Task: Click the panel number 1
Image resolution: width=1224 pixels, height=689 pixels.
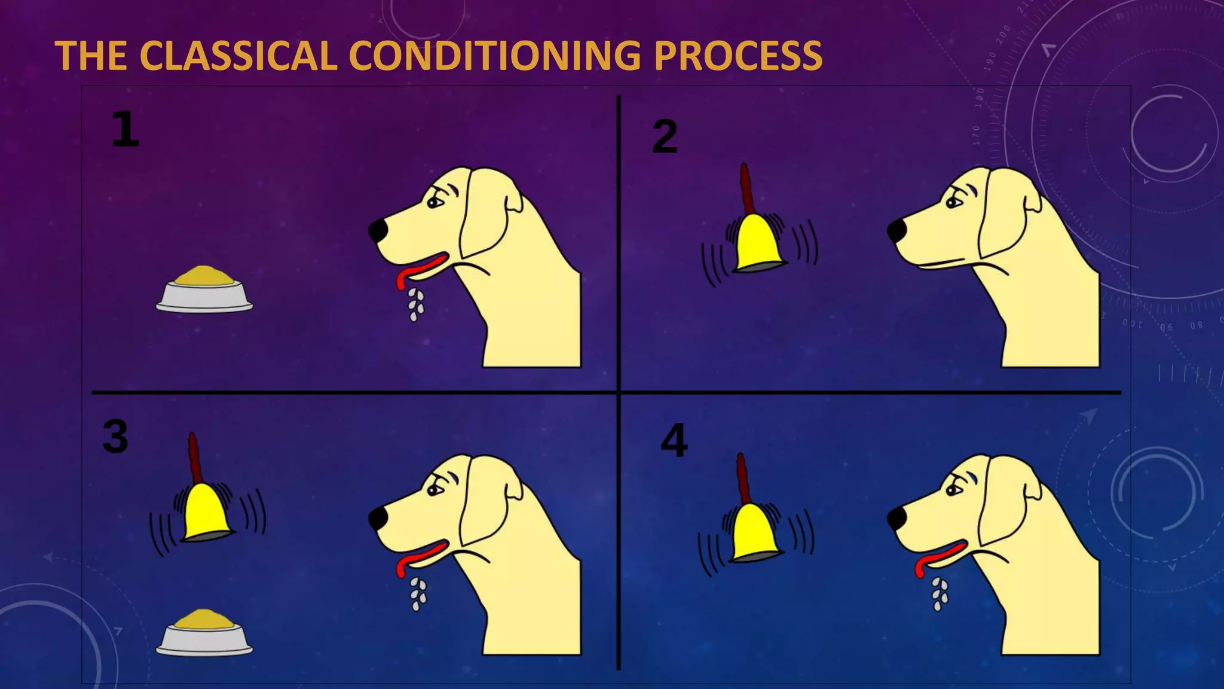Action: coord(126,130)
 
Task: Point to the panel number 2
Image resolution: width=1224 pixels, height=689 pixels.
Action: coord(665,136)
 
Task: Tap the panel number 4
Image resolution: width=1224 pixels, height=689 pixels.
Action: coord(674,441)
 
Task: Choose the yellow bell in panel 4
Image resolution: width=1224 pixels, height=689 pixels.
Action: coord(754,532)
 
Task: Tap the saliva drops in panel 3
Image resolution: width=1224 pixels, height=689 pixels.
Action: coord(418,594)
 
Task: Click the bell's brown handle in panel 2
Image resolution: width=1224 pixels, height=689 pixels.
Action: coord(745,189)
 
